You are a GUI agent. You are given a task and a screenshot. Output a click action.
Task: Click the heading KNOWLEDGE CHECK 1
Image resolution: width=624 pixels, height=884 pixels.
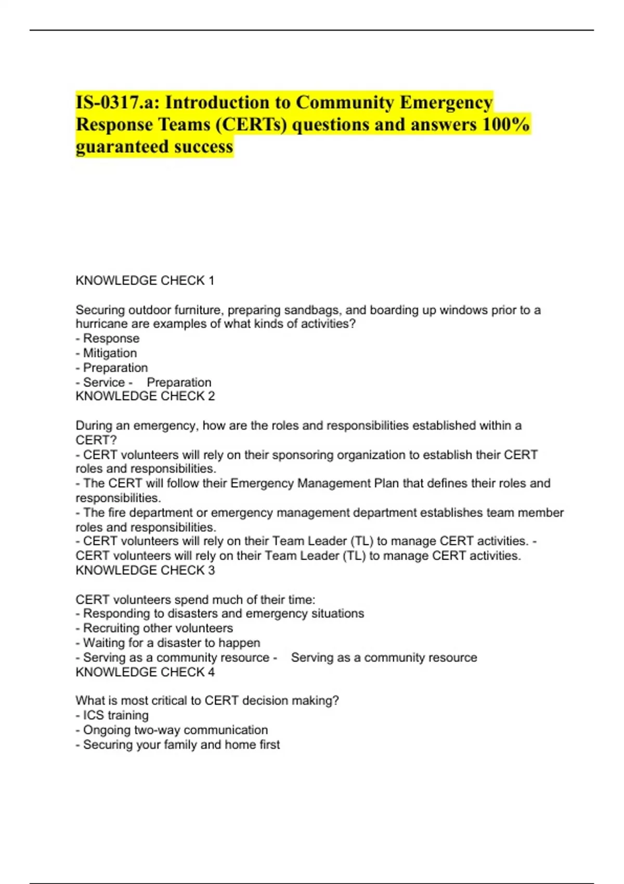point(145,281)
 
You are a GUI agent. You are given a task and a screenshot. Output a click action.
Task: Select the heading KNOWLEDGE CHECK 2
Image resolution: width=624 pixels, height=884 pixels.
point(145,396)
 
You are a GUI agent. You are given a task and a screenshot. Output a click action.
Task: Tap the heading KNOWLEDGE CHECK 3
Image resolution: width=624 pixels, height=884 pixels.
point(145,570)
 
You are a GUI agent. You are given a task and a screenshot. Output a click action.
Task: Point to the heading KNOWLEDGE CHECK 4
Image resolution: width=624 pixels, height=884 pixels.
point(145,672)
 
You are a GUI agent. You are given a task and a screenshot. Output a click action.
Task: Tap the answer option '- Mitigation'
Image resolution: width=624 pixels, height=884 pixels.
point(106,353)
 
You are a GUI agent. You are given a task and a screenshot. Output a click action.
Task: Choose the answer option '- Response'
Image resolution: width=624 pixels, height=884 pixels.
point(108,339)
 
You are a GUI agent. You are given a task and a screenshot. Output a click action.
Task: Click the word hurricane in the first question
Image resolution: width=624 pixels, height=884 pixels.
point(100,324)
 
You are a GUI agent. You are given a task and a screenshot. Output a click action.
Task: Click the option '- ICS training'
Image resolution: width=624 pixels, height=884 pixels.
point(112,716)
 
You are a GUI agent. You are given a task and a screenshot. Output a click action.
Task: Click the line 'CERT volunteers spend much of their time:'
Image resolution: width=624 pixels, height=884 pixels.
point(195,600)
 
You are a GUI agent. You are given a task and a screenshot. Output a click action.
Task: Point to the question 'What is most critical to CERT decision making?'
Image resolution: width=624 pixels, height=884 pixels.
point(207,700)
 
